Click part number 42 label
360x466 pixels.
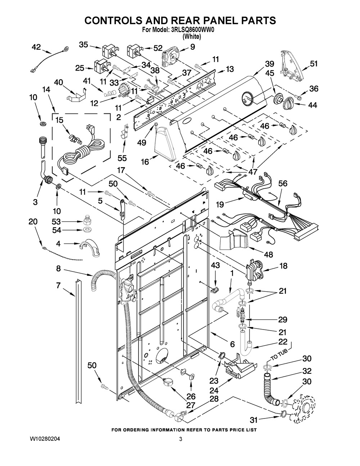click(37, 46)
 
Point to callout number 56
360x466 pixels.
click(283, 184)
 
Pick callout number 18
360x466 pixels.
click(284, 266)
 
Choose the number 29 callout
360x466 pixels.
click(282, 319)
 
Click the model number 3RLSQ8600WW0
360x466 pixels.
click(194, 30)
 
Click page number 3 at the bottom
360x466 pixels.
click(180, 439)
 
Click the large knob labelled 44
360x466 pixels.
click(289, 104)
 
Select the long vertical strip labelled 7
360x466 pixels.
click(77, 342)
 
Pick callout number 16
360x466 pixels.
click(144, 162)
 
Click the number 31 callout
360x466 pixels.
click(255, 419)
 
